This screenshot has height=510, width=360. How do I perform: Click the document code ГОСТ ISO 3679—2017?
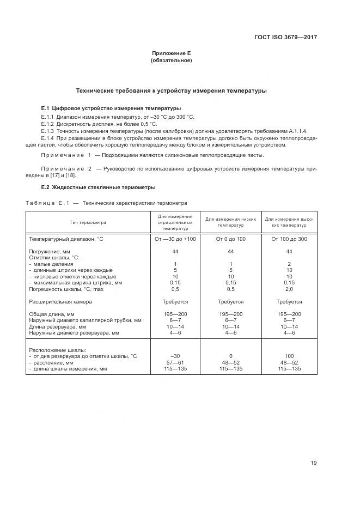pyautogui.click(x=285, y=38)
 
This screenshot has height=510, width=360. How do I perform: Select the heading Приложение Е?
pyautogui.click(x=171, y=53)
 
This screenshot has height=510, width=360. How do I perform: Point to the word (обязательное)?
pyautogui.click(x=171, y=60)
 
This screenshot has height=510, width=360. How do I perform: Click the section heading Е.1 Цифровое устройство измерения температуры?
pyautogui.click(x=111, y=108)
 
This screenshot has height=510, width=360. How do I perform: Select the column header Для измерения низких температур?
pyautogui.click(x=231, y=222)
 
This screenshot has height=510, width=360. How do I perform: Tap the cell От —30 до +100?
pyautogui.click(x=175, y=239)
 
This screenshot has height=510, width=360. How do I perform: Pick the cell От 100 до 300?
pyautogui.click(x=289, y=239)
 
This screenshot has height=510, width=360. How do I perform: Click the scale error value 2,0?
pyautogui.click(x=289, y=289)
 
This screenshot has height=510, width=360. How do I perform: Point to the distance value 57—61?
pyautogui.click(x=175, y=362)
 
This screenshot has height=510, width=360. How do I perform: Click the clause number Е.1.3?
pyautogui.click(x=48, y=131)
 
